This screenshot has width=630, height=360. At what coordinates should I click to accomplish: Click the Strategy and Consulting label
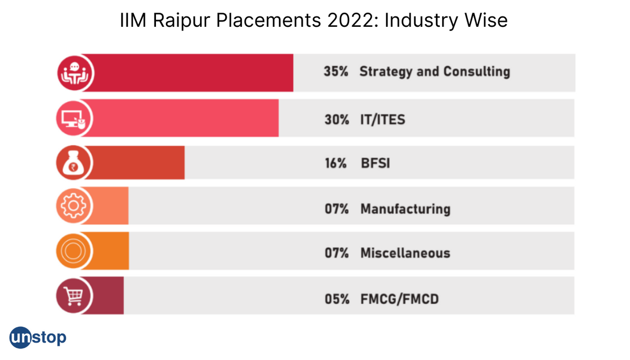pos(434,72)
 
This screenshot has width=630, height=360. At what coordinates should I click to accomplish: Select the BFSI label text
pos(375,164)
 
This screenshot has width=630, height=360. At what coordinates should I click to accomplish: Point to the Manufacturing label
pos(405,209)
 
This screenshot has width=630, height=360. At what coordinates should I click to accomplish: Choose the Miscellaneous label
pos(405,253)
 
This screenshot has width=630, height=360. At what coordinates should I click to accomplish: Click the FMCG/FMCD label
pos(399,300)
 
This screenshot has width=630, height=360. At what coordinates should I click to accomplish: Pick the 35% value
pos(336,72)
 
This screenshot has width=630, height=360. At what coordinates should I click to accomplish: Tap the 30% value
pos(336,119)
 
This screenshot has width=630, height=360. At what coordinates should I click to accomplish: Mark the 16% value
pos(335,164)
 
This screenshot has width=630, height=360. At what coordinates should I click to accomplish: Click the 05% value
pos(336,300)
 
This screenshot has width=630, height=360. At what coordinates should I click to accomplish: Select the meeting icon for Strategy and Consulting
pos(74,73)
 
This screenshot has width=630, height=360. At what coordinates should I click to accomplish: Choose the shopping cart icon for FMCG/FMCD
pos(73,296)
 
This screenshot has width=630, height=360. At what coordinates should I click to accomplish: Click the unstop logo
pos(38,337)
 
